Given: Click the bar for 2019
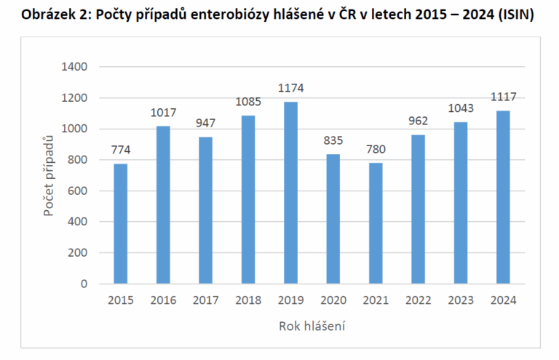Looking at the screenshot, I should click(290, 193).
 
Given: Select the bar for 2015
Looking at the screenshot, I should click(121, 224).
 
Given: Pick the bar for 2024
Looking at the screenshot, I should click(502, 197).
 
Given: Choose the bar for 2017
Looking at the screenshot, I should click(205, 210).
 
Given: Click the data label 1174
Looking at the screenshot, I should click(290, 89).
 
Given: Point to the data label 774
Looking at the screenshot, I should click(121, 151).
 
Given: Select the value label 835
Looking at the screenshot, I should click(333, 141).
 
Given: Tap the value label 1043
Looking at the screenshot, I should click(460, 108).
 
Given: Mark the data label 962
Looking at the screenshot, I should click(418, 121).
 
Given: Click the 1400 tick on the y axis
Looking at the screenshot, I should click(74, 67).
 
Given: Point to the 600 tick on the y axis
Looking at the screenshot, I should click(78, 191).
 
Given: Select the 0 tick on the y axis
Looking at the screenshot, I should click(84, 284).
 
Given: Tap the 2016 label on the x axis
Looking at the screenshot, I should click(163, 300).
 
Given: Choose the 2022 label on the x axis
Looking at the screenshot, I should click(418, 300).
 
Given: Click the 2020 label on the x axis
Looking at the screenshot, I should click(333, 300).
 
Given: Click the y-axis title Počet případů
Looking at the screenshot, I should click(48, 175).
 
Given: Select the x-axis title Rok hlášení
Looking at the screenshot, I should click(312, 327).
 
